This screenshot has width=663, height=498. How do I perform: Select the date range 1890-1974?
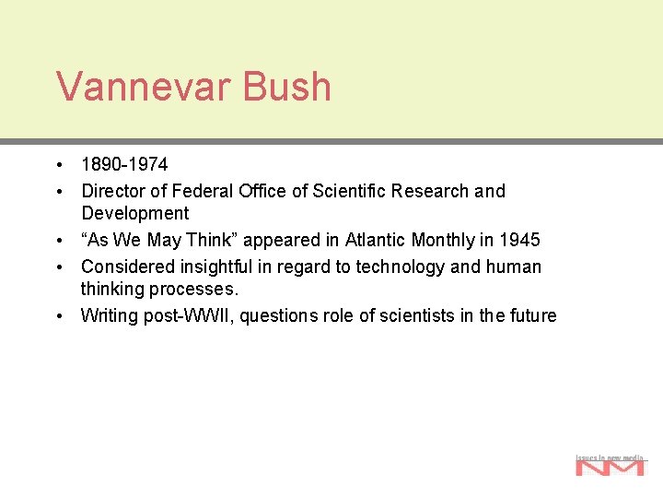[x=124, y=165]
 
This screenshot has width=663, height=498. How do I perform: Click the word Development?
[x=135, y=214]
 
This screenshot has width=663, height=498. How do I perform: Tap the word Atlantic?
[x=375, y=241]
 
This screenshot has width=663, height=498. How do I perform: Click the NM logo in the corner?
[x=610, y=465]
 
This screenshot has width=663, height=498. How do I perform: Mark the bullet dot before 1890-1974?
[x=58, y=166]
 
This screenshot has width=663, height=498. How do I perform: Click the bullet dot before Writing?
[x=58, y=316]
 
